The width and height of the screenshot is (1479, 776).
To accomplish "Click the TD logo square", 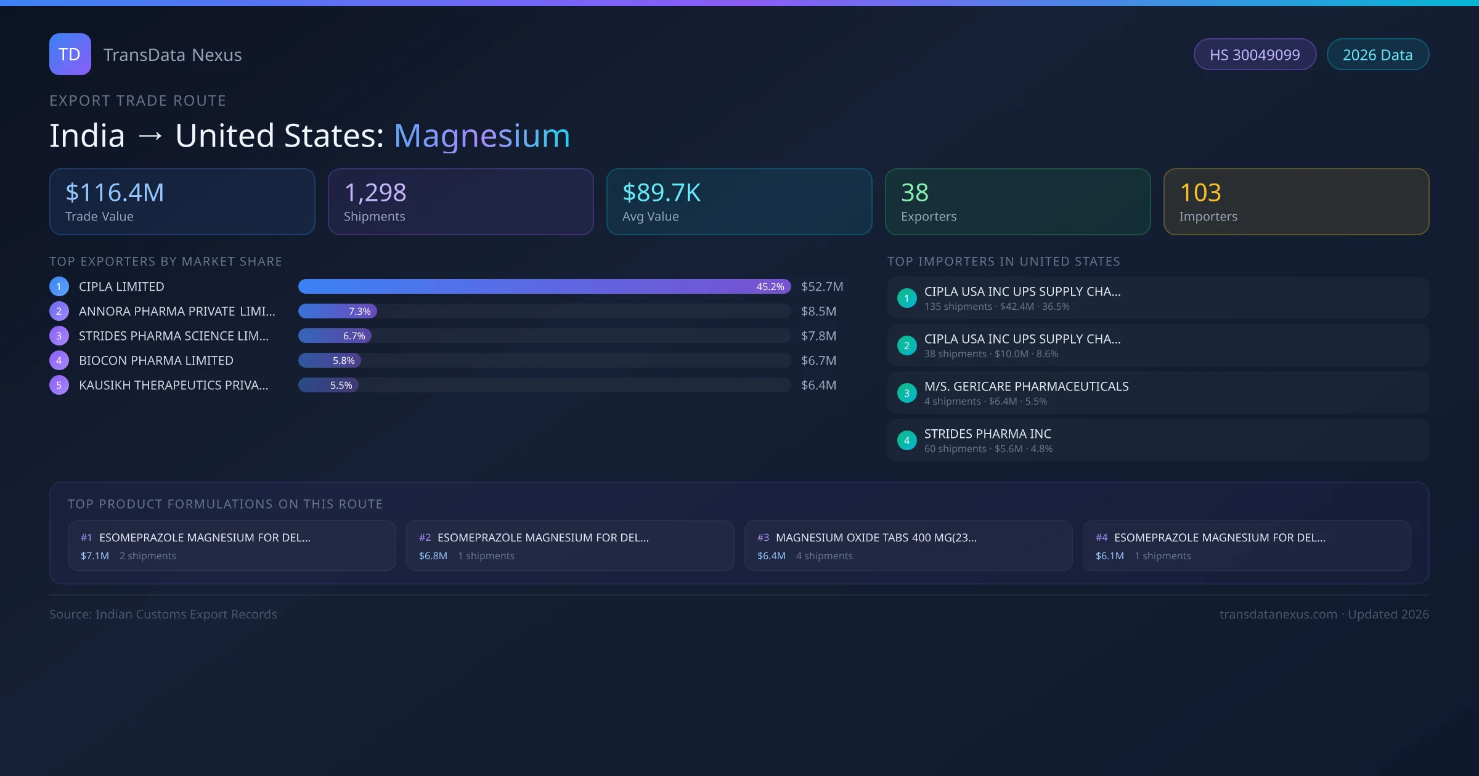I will pyautogui.click(x=70, y=54).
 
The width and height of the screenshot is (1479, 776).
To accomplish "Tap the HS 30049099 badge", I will pyautogui.click(x=1255, y=55).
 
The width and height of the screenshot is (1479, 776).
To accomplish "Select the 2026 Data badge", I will pyautogui.click(x=1377, y=55).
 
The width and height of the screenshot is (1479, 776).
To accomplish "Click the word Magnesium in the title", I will pyautogui.click(x=482, y=135).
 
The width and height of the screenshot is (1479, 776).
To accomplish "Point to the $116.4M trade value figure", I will pyautogui.click(x=115, y=193).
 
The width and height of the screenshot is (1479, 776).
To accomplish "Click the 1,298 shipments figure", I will pyautogui.click(x=375, y=193).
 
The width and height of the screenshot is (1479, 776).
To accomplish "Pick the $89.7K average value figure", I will pyautogui.click(x=661, y=193).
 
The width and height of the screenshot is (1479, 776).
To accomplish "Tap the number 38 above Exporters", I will pyautogui.click(x=915, y=193).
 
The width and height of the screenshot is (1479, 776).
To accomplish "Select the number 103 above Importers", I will pyautogui.click(x=1200, y=193).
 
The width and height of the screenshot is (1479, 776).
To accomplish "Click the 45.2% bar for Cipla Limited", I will pyautogui.click(x=544, y=286).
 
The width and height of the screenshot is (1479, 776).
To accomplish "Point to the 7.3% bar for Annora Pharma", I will pyautogui.click(x=338, y=311).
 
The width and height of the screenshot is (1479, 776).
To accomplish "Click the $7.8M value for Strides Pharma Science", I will pyautogui.click(x=818, y=336).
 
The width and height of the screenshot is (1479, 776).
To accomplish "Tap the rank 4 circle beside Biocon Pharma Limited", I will pyautogui.click(x=59, y=360).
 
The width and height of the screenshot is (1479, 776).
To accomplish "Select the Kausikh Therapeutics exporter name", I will pyautogui.click(x=173, y=385).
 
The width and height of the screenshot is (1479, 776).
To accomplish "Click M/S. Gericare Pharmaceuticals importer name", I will pyautogui.click(x=1026, y=386).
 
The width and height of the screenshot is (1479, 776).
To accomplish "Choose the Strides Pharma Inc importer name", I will pyautogui.click(x=987, y=434).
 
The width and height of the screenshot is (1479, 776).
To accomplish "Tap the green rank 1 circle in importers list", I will pyautogui.click(x=907, y=298).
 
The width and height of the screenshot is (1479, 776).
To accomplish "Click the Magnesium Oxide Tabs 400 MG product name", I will pyautogui.click(x=876, y=537).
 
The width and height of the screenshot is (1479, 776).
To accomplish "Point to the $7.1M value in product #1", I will pyautogui.click(x=94, y=556).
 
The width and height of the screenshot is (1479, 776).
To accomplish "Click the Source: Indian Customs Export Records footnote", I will pyautogui.click(x=163, y=614).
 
